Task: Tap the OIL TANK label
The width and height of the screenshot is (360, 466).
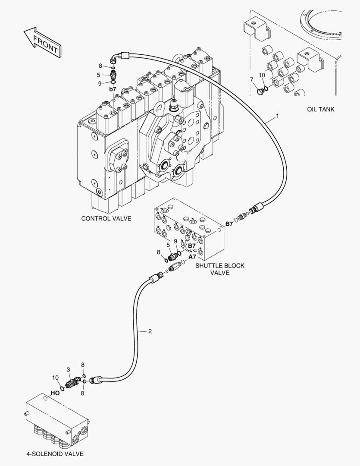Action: coord(320,110)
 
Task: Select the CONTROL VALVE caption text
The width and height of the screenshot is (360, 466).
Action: coord(106,219)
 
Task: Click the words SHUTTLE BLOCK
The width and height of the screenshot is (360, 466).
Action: coord(220,266)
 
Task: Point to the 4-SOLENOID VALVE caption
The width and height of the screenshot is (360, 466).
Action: coord(55,454)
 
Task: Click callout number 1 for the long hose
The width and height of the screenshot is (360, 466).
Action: coord(278,116)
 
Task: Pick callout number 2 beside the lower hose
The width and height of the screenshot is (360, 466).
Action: coord(150,331)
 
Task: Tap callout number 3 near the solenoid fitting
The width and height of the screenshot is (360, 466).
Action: coord(68,370)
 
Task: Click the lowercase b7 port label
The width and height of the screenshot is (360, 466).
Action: coord(113,89)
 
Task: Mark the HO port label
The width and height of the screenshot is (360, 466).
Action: coord(55,393)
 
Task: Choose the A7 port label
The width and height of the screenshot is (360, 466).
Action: coord(192,256)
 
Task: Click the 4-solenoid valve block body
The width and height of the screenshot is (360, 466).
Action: coord(56,416)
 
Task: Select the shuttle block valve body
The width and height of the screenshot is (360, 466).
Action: coord(190,229)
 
